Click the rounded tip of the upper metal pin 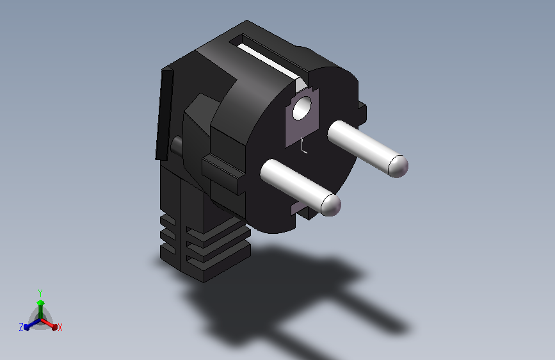pos(398,166)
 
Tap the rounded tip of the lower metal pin pos(330,205)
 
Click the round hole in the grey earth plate pos(301,110)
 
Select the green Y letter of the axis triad pos(40,292)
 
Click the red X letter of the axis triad pos(60,327)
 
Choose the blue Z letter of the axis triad pos(21,327)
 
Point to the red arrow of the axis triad pos(52,325)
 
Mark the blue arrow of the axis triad pos(28,326)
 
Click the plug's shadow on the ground pos(288,295)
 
